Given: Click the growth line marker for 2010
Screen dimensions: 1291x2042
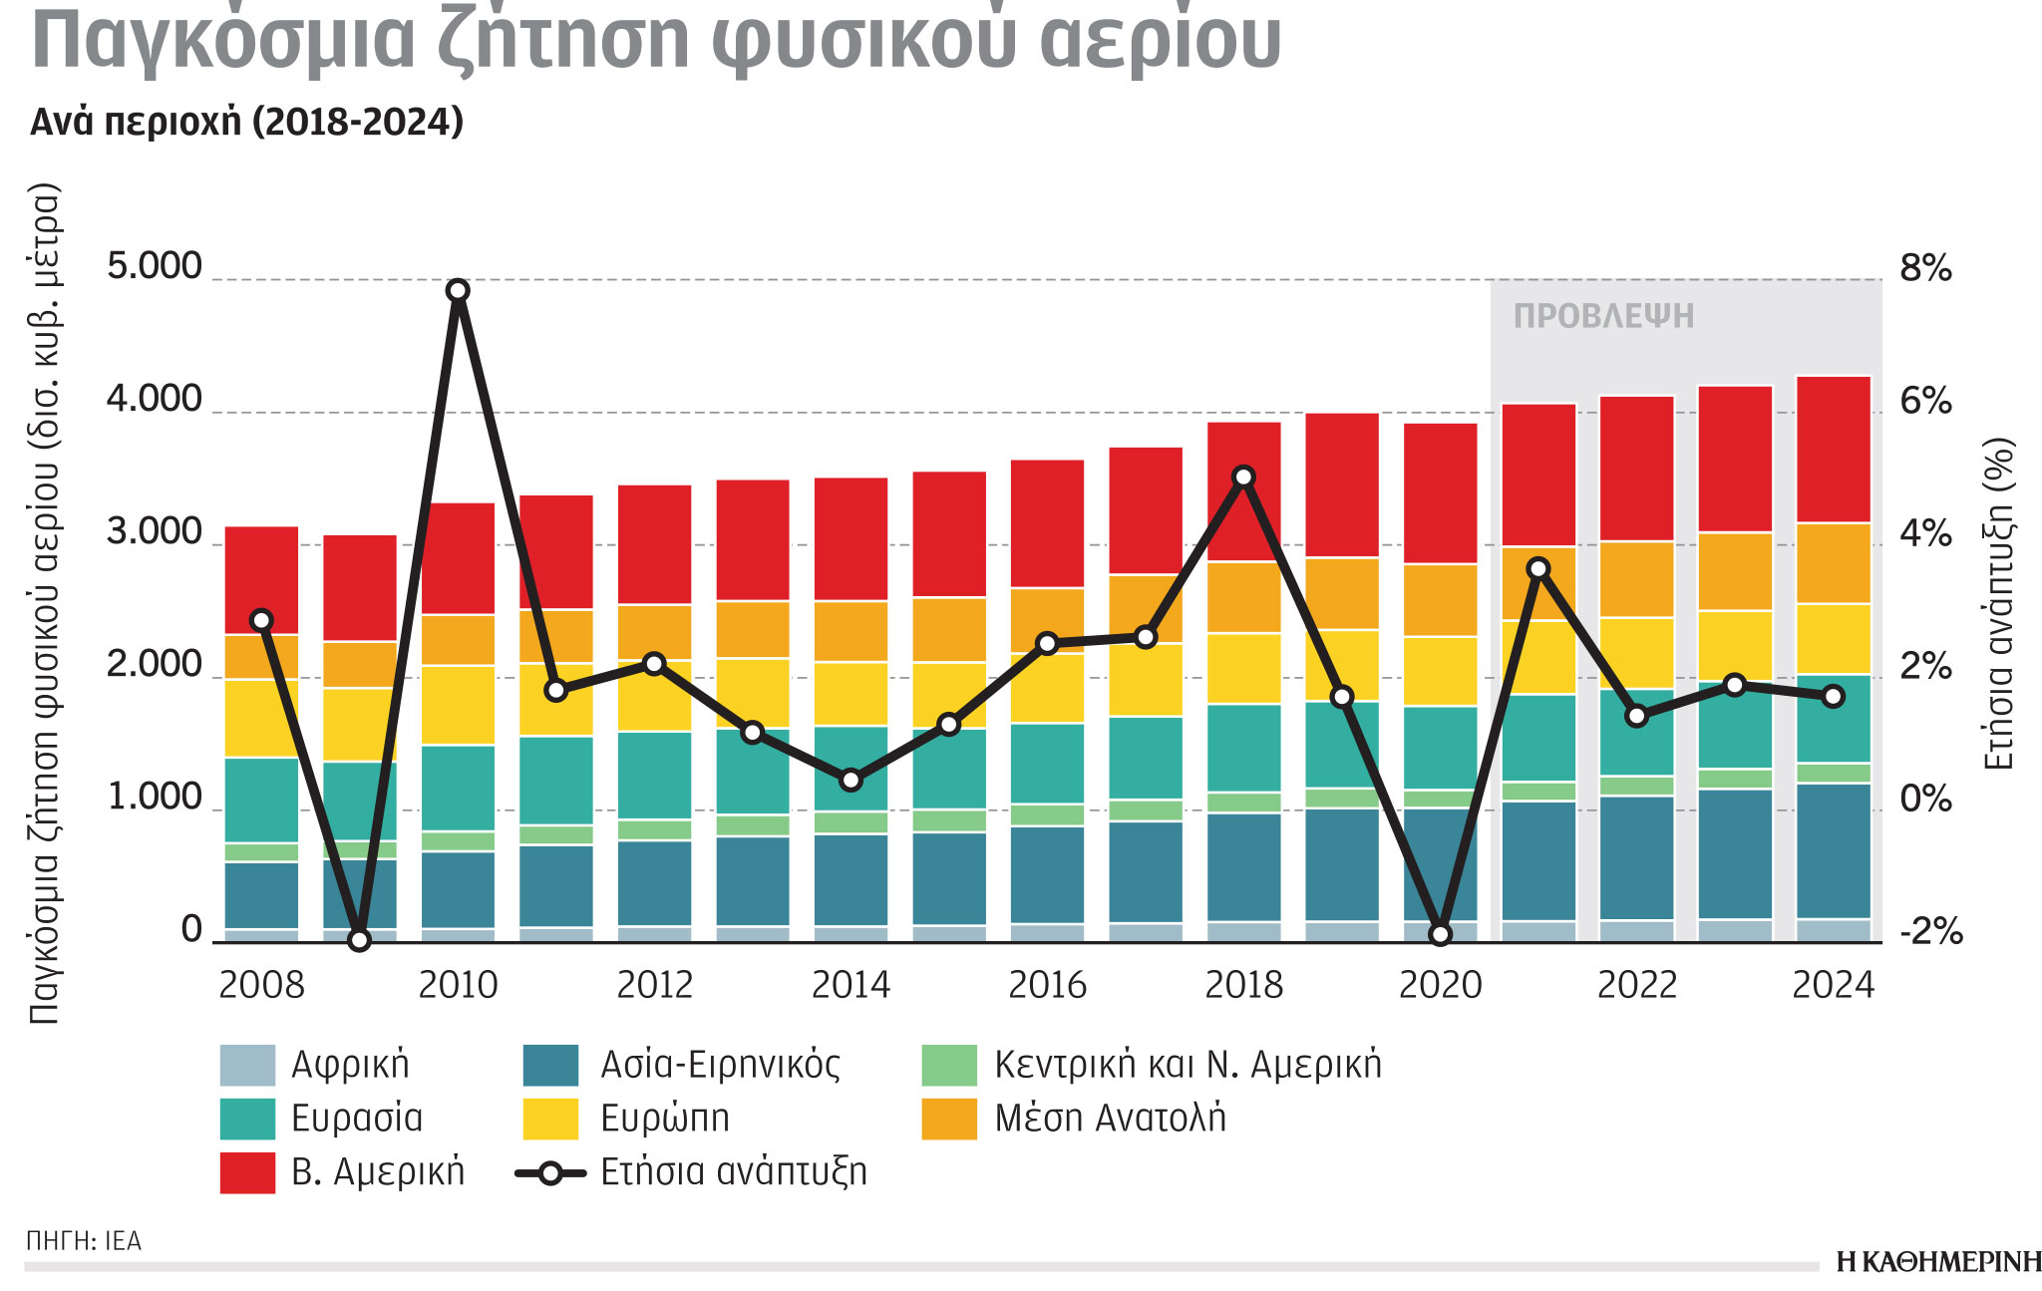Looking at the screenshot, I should (458, 290).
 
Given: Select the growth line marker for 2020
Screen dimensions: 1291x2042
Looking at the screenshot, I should (1440, 934).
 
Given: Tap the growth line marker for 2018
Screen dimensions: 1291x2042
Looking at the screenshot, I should (1243, 477).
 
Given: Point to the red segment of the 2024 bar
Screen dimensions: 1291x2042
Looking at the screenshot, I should (1833, 449).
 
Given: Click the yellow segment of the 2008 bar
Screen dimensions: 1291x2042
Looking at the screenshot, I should (261, 718).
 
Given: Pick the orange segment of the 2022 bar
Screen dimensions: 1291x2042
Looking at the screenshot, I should (1636, 579).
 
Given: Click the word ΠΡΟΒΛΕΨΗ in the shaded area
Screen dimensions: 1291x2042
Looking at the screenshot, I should (1603, 316).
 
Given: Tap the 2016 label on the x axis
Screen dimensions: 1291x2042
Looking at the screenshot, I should (1047, 985).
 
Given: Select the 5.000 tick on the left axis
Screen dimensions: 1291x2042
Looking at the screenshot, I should (155, 267).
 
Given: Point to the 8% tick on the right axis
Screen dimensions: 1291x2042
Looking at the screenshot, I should (1925, 268).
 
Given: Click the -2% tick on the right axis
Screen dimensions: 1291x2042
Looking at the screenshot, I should (1930, 932).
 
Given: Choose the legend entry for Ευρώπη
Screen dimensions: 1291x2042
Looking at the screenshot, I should (664, 1119).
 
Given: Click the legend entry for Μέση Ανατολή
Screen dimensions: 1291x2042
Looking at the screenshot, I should (1110, 1119).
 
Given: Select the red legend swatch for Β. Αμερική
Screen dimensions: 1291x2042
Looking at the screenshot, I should (247, 1172).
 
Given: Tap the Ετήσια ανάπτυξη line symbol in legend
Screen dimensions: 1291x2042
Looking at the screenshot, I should (550, 1172).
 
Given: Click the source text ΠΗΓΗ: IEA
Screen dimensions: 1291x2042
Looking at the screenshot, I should (84, 1241).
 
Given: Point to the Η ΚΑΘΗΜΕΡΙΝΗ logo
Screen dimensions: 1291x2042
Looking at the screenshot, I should (1937, 1262).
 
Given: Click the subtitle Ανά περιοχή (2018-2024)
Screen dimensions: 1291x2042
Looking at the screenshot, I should (247, 122).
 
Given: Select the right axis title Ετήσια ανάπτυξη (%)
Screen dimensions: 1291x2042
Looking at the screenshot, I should (1998, 604).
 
